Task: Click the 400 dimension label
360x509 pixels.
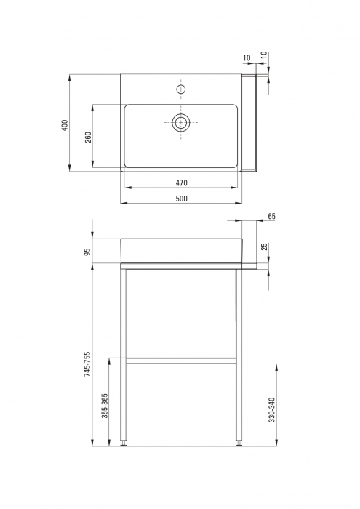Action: click(x=64, y=125)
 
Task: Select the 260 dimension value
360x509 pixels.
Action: click(x=88, y=137)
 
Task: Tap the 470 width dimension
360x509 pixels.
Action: click(x=181, y=183)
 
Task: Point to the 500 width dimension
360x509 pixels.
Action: click(x=181, y=199)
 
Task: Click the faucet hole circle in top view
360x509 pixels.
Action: click(x=181, y=89)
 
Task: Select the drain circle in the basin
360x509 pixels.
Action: click(x=181, y=122)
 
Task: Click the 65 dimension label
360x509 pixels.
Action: click(x=271, y=216)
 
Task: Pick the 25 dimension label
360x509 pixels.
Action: click(x=265, y=247)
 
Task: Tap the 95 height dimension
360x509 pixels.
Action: click(x=87, y=252)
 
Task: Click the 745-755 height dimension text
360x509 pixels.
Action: click(x=87, y=363)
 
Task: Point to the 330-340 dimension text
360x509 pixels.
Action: click(x=271, y=411)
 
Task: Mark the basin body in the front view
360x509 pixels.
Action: click(x=181, y=249)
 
